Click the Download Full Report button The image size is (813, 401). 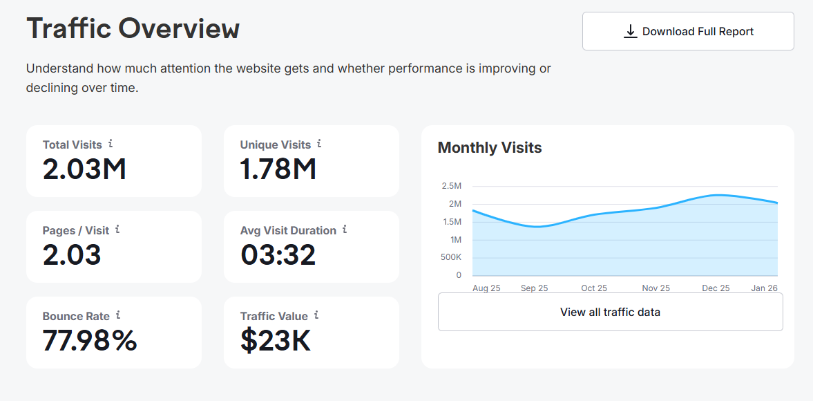688,31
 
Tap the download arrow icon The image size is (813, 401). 630,31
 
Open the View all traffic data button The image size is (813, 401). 611,312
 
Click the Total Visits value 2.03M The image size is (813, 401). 84,169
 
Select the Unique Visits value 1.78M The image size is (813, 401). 278,169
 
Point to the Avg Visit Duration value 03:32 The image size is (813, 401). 278,254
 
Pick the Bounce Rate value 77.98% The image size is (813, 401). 90,340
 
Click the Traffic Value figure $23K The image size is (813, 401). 276,341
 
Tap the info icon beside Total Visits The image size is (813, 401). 111,144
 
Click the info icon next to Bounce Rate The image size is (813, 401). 118,315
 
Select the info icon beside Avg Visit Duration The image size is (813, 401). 345,230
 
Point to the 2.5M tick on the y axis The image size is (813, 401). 451,186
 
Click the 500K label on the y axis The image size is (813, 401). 452,257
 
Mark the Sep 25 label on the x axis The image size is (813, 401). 534,288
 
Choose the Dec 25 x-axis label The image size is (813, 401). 716,288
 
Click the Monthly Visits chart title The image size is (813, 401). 490,148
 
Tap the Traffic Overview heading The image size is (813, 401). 133,28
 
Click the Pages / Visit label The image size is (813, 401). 76,230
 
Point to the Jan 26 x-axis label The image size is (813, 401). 765,288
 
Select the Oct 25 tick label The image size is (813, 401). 594,288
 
